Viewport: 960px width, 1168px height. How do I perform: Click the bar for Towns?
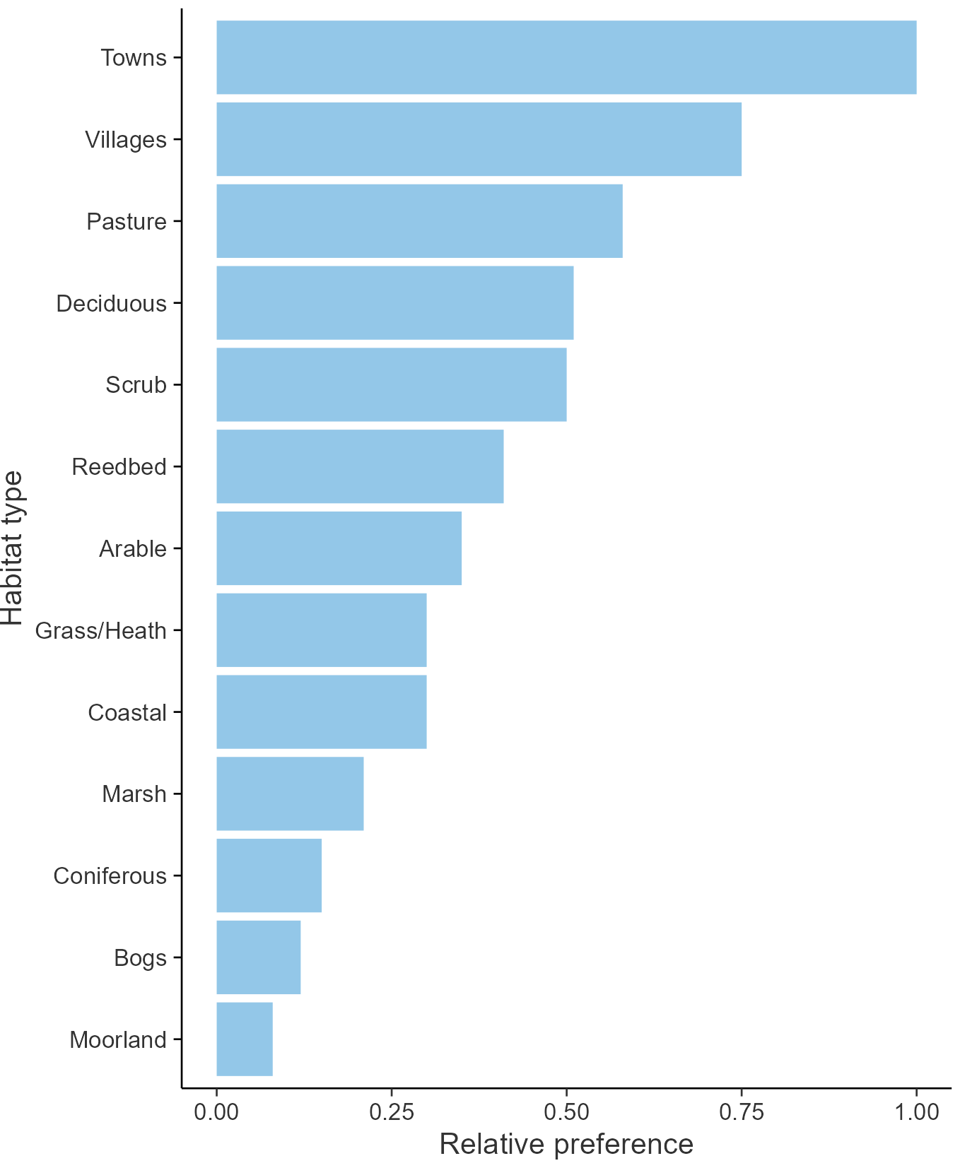(566, 57)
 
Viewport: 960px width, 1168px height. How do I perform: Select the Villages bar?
(479, 139)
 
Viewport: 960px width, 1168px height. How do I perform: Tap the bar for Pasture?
(419, 221)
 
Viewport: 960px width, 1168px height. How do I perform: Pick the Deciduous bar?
(394, 303)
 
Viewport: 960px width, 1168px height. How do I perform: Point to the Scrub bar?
(391, 384)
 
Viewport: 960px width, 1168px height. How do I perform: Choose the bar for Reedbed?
(360, 466)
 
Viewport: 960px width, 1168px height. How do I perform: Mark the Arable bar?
(339, 548)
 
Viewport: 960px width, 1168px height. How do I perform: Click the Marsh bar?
(290, 794)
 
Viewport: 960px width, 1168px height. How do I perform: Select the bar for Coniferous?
(269, 875)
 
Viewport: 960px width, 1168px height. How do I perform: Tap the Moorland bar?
(244, 1039)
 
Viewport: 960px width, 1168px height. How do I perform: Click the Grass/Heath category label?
(101, 630)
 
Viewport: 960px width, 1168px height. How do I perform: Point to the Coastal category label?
(127, 712)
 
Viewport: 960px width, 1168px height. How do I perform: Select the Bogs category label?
(140, 958)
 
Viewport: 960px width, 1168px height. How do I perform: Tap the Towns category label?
(134, 57)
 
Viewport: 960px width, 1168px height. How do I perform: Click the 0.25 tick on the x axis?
(391, 1112)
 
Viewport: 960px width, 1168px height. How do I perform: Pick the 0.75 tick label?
(742, 1112)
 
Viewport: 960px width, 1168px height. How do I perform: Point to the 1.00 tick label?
(916, 1112)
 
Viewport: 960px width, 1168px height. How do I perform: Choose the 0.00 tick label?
(216, 1112)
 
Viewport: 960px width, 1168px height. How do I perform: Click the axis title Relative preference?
(566, 1145)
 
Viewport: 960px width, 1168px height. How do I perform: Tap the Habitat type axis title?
(13, 548)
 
